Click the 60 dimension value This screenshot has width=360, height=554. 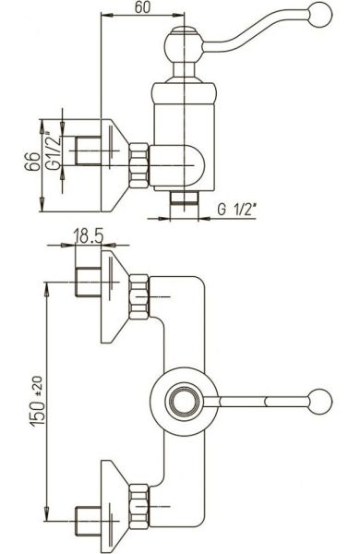pos(142,7)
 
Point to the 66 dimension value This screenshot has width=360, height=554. pos(32,162)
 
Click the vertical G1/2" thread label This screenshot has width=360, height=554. pos(54,151)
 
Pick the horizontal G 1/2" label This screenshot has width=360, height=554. pos(236,210)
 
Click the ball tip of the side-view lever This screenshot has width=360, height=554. pos(320,15)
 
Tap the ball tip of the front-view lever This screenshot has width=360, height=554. pos(320,402)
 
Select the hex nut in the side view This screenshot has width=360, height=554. pos(138,165)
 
